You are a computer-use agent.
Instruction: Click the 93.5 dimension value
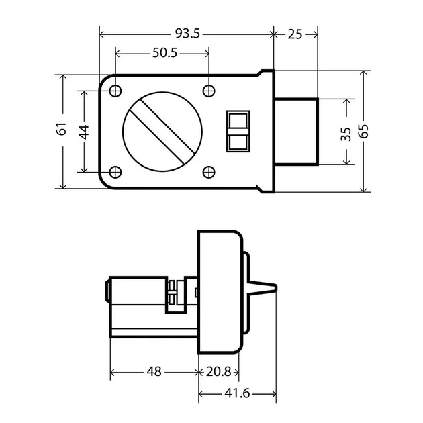click(187, 34)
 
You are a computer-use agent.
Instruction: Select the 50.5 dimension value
click(164, 53)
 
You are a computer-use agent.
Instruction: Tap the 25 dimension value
click(295, 34)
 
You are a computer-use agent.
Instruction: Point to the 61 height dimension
click(62, 128)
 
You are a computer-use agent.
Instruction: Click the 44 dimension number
click(85, 132)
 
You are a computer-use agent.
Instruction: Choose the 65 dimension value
click(364, 132)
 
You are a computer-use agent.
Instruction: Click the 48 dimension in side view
click(154, 372)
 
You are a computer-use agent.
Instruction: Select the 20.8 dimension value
click(218, 372)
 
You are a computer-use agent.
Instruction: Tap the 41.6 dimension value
click(237, 394)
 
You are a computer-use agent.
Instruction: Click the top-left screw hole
click(115, 91)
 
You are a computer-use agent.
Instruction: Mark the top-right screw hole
click(209, 91)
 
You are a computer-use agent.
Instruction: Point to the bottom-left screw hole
click(115, 172)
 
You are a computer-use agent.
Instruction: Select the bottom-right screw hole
click(209, 172)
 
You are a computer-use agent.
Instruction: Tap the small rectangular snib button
click(238, 131)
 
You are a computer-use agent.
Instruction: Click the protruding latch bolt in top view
click(297, 132)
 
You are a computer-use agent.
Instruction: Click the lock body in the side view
click(220, 291)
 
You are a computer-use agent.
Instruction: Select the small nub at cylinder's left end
click(107, 291)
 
